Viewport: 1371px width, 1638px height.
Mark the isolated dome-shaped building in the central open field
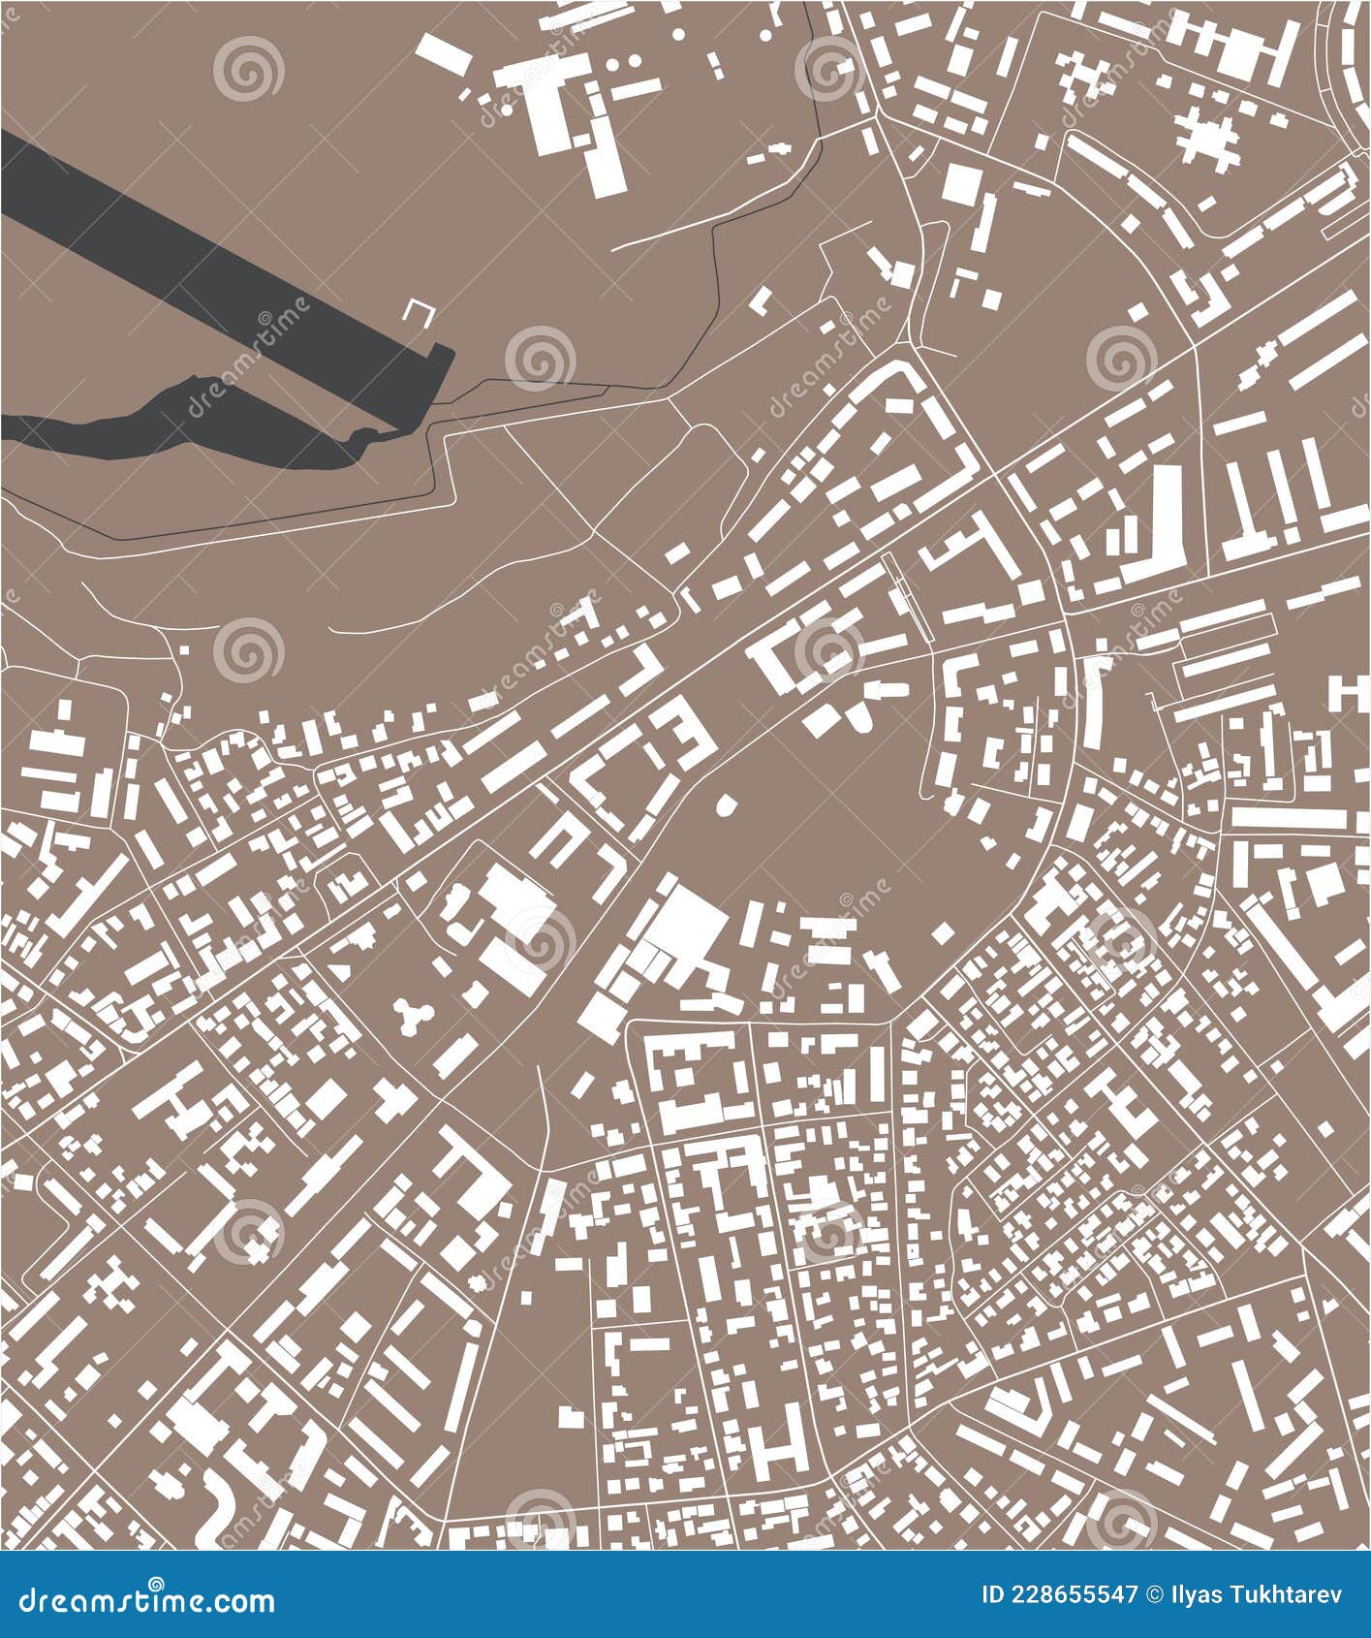click(725, 805)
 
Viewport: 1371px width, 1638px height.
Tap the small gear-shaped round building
click(476, 1282)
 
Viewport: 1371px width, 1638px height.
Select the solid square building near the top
click(960, 183)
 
